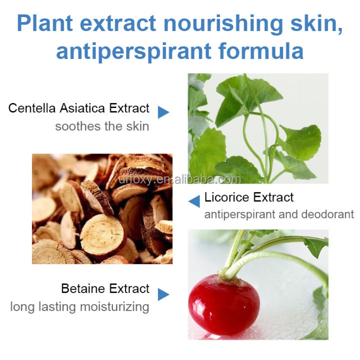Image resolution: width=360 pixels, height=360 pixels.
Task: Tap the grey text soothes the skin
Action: point(102,125)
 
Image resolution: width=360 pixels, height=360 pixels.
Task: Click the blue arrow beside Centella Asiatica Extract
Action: point(163,112)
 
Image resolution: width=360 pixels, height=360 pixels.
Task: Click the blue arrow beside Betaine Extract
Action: point(163,294)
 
